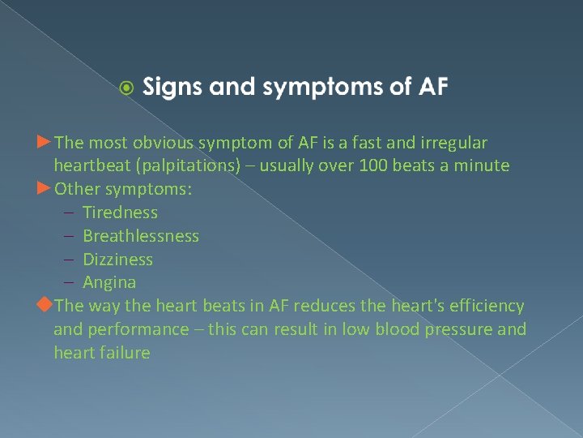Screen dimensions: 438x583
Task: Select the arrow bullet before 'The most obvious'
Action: [x=44, y=143]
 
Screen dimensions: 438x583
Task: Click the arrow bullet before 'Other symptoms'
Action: [x=44, y=189]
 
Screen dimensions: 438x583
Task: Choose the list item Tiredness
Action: [x=120, y=213]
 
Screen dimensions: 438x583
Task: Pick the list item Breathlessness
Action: [x=141, y=236]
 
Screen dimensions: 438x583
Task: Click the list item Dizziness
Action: [x=117, y=260]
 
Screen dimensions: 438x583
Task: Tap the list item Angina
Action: [x=109, y=283]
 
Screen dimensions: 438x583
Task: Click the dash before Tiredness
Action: [x=69, y=213]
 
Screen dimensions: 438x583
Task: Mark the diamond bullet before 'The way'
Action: [x=45, y=305]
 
